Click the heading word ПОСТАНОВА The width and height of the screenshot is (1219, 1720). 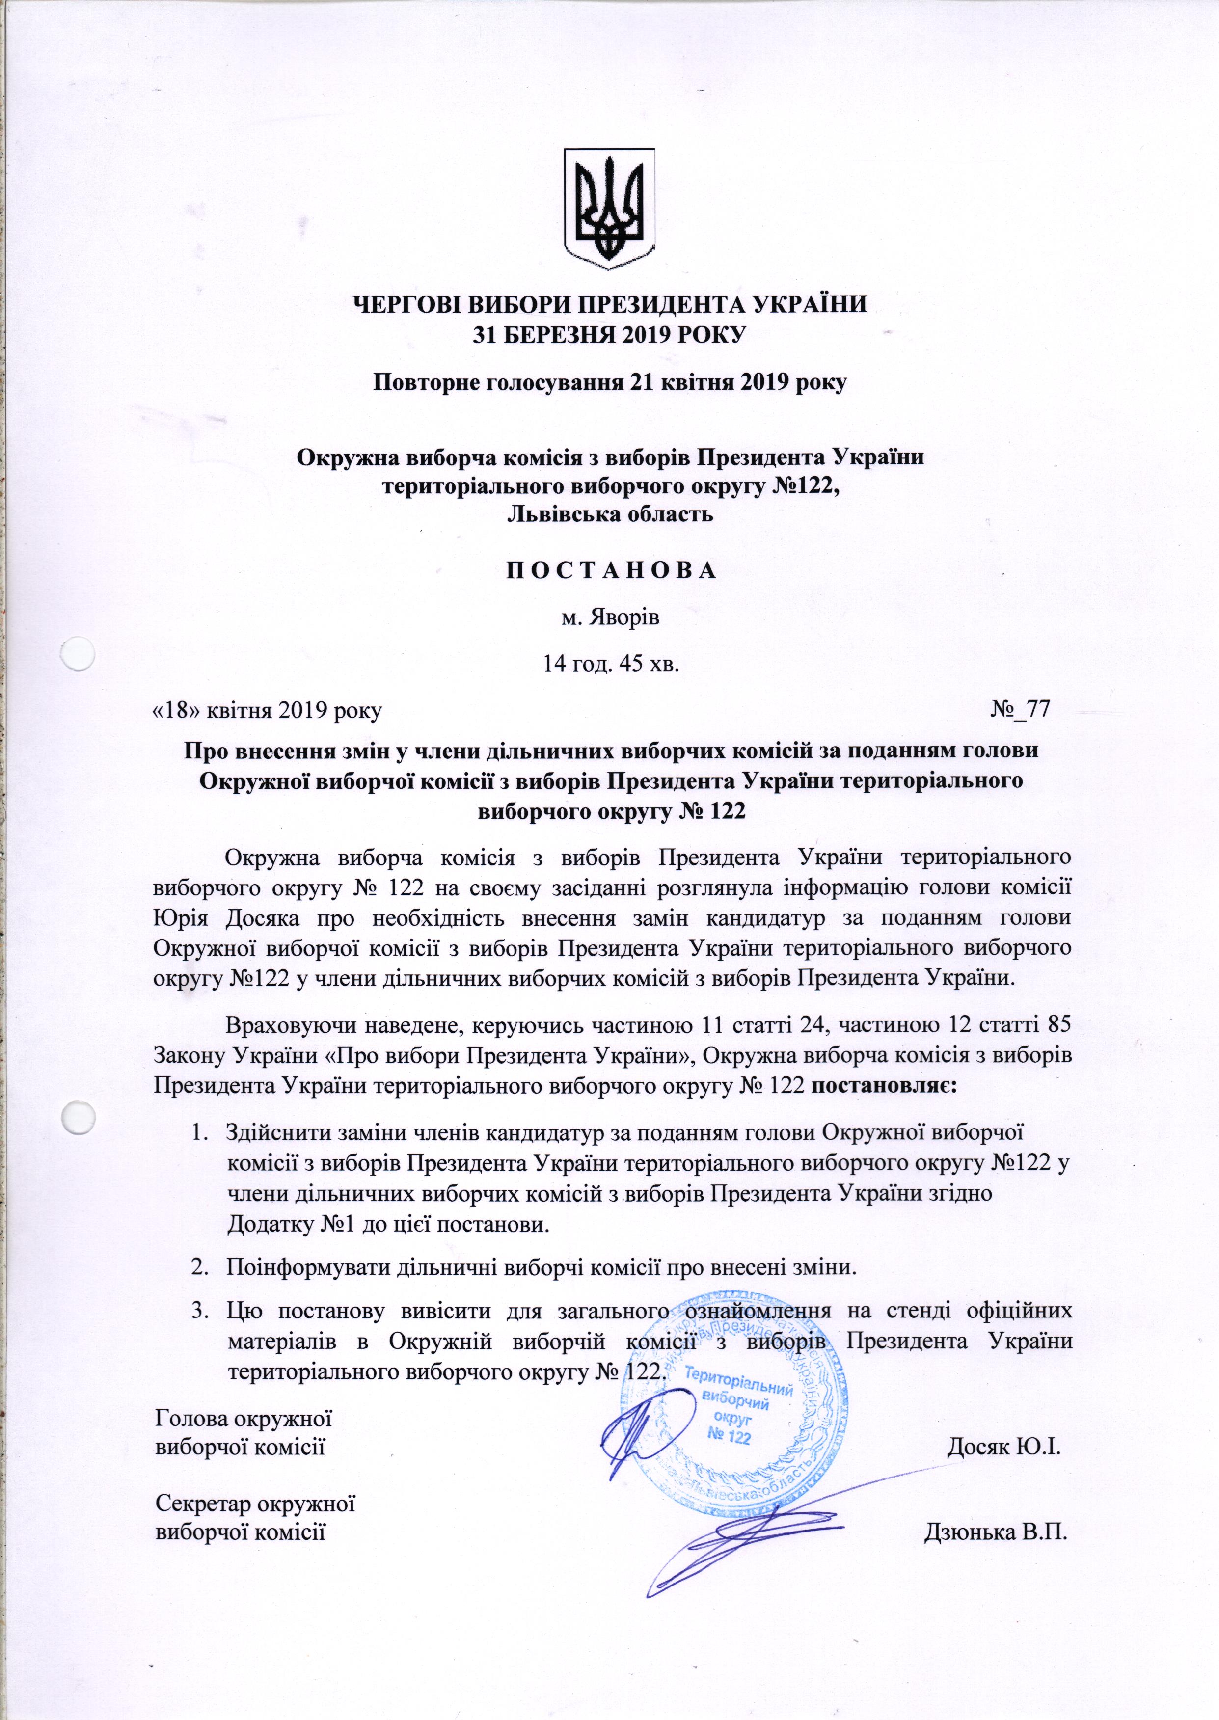tap(610, 571)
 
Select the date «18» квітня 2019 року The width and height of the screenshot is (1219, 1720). tap(267, 710)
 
